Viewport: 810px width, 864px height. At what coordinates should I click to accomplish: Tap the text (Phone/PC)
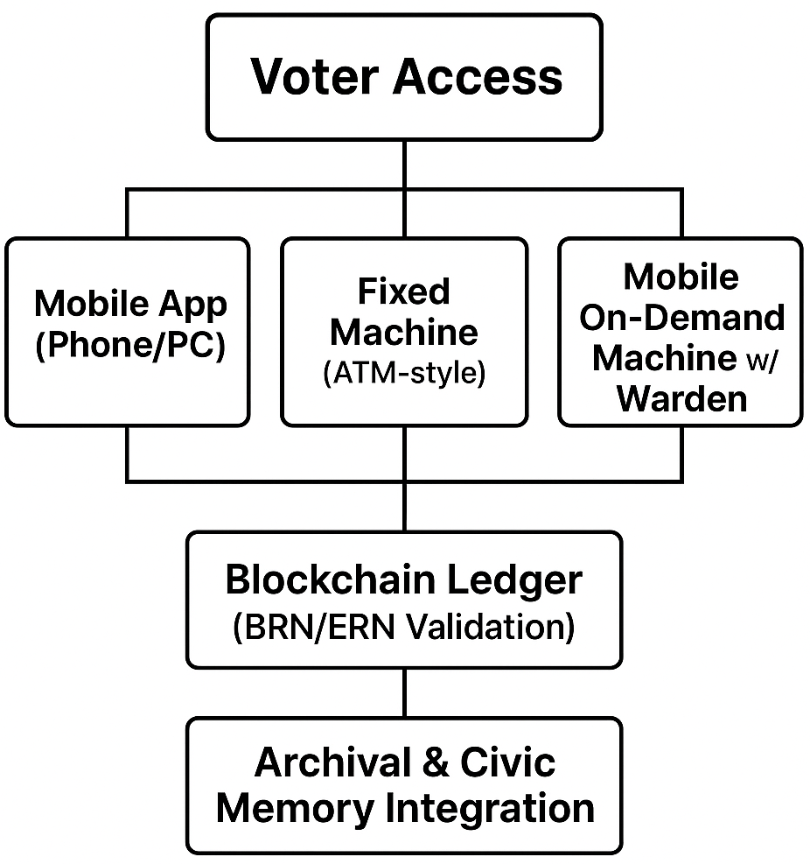pos(129,346)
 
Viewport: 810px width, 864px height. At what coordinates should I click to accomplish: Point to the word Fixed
pos(404,292)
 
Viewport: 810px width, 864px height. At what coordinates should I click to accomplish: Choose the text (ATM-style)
pos(403,374)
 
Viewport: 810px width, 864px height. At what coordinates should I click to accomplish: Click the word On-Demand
pos(681,317)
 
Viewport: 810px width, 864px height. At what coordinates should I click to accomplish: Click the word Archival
pos(328,762)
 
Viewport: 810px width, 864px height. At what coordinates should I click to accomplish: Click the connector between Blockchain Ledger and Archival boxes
pos(404,692)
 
